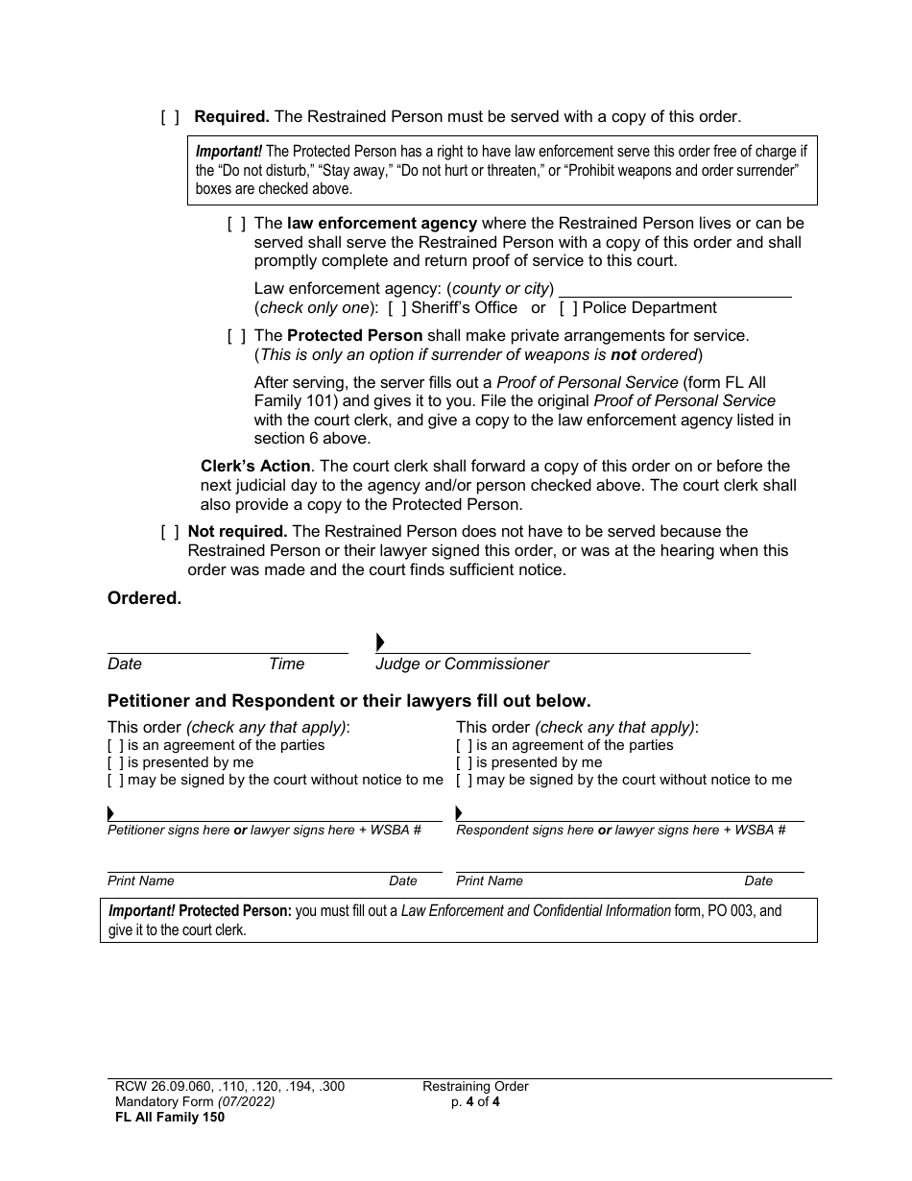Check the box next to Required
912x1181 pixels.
coord(170,117)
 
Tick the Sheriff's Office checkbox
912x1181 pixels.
coord(397,308)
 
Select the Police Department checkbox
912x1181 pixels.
coord(568,308)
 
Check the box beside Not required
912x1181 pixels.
coord(170,532)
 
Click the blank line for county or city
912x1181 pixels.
coord(675,288)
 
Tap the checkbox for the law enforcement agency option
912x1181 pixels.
coord(236,224)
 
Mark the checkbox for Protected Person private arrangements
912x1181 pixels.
coord(236,336)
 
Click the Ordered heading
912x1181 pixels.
coord(144,598)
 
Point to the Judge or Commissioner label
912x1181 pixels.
coord(462,664)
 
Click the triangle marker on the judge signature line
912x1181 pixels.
coord(380,642)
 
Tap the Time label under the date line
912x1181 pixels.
coord(286,664)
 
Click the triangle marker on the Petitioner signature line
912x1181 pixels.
coord(111,813)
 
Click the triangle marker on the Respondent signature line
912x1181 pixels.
coord(460,813)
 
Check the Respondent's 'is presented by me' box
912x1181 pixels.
coord(464,762)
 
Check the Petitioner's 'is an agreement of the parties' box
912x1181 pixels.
coord(115,745)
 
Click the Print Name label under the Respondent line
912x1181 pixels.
coord(490,880)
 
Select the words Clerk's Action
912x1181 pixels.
coord(255,466)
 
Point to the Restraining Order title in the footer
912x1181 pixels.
coord(475,1087)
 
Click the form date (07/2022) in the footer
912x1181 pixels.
coord(246,1102)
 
